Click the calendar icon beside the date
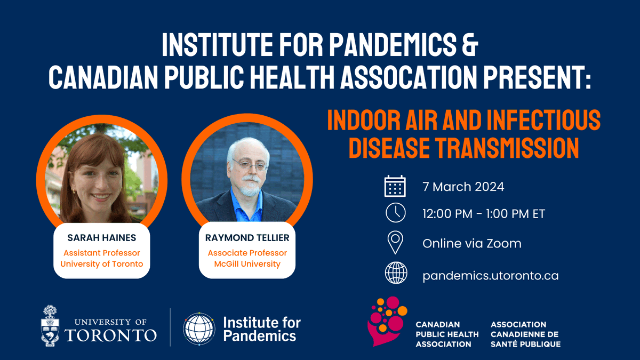coord(395,187)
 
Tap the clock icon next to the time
coord(395,213)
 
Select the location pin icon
coord(395,243)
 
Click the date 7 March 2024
coord(463,187)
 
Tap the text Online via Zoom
coord(472,244)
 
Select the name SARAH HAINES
coord(101,238)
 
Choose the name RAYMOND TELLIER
coord(247,238)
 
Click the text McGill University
coord(247,264)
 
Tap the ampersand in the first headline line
coord(469,46)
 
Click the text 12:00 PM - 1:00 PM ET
coord(484,214)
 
